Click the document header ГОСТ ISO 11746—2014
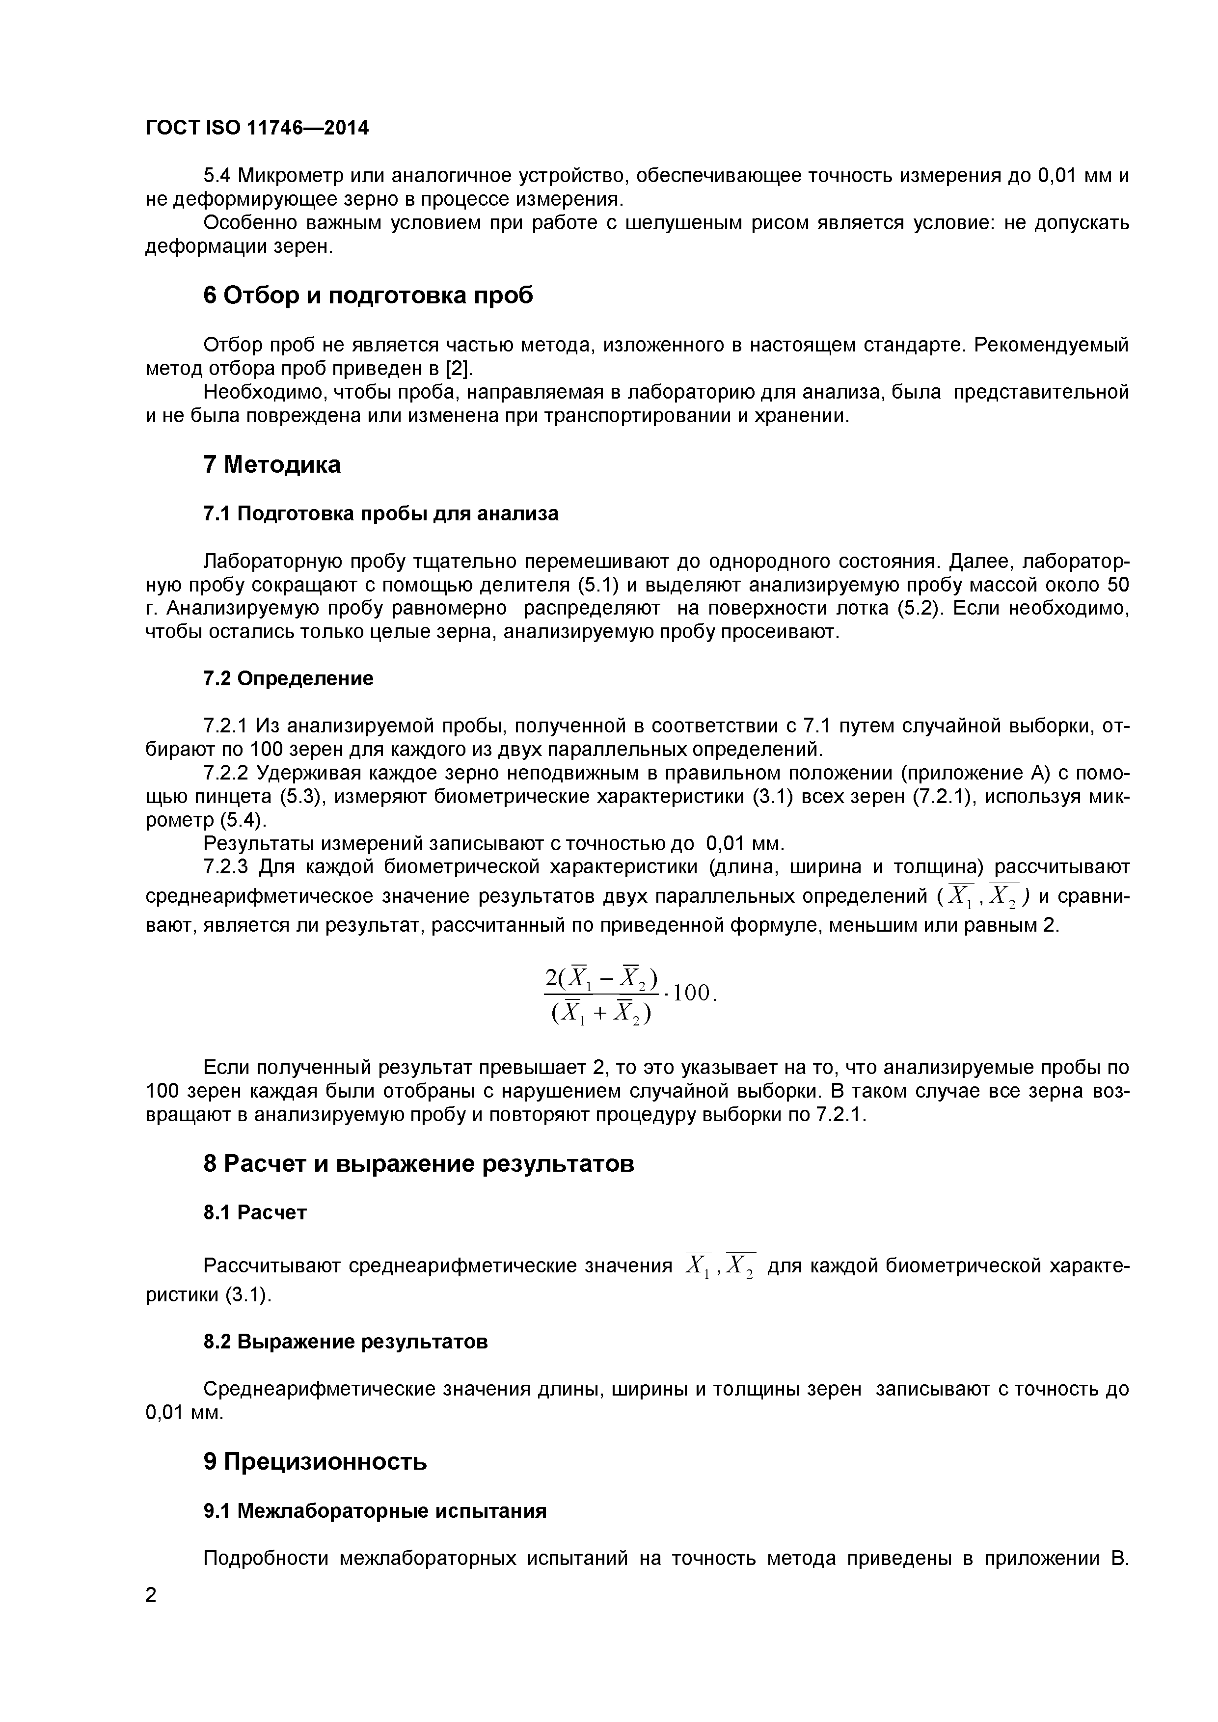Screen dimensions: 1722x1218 pyautogui.click(x=256, y=128)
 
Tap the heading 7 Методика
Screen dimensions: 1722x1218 pyautogui.click(x=271, y=464)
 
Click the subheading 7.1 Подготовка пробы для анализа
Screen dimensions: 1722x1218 pyautogui.click(x=381, y=514)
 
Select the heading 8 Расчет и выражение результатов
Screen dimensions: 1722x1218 pyautogui.click(x=418, y=1163)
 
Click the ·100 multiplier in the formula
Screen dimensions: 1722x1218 pyautogui.click(x=689, y=994)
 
